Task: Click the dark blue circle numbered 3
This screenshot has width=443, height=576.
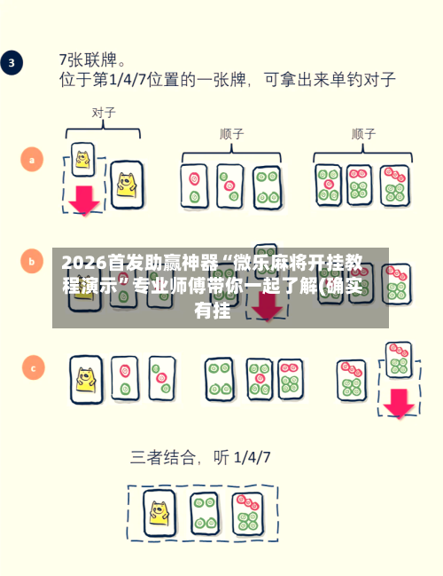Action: (x=12, y=63)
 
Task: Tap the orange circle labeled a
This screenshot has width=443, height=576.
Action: (x=32, y=160)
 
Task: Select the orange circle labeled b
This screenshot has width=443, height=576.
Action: (x=32, y=261)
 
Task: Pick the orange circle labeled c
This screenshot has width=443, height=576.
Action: (x=34, y=367)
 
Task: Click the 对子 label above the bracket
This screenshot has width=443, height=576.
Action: (x=104, y=113)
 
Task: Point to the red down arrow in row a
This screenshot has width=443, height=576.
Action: (x=84, y=201)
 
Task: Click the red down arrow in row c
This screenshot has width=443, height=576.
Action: (x=399, y=403)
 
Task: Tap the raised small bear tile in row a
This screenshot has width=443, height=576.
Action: (x=83, y=160)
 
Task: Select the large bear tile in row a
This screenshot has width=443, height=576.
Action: (x=127, y=185)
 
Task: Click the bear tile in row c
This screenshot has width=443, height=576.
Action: (x=87, y=380)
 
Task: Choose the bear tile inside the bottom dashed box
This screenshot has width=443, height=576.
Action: (x=159, y=512)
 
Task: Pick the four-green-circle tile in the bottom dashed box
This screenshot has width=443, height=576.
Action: (x=205, y=513)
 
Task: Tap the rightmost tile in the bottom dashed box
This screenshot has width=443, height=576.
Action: (x=248, y=514)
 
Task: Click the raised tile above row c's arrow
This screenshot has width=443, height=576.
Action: (x=399, y=360)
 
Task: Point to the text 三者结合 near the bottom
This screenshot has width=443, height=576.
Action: (x=162, y=457)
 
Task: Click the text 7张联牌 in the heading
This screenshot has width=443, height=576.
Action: (x=89, y=59)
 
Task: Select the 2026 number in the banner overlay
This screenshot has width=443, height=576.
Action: (x=84, y=263)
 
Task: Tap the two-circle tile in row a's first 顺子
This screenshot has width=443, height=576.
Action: (x=194, y=186)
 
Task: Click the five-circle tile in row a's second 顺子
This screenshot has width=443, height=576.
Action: (x=329, y=185)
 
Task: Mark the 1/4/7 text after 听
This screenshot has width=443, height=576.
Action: (x=252, y=458)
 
